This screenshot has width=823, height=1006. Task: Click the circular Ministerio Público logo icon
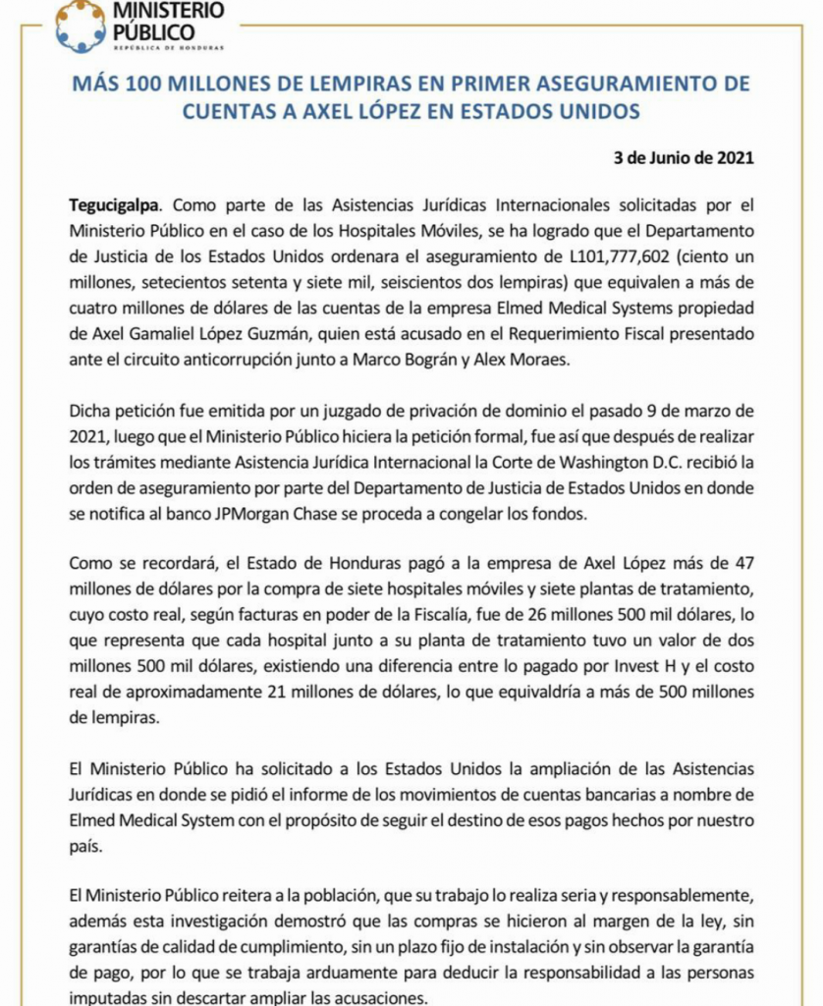coord(80,26)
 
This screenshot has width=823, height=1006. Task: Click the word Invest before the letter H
coord(543,666)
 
